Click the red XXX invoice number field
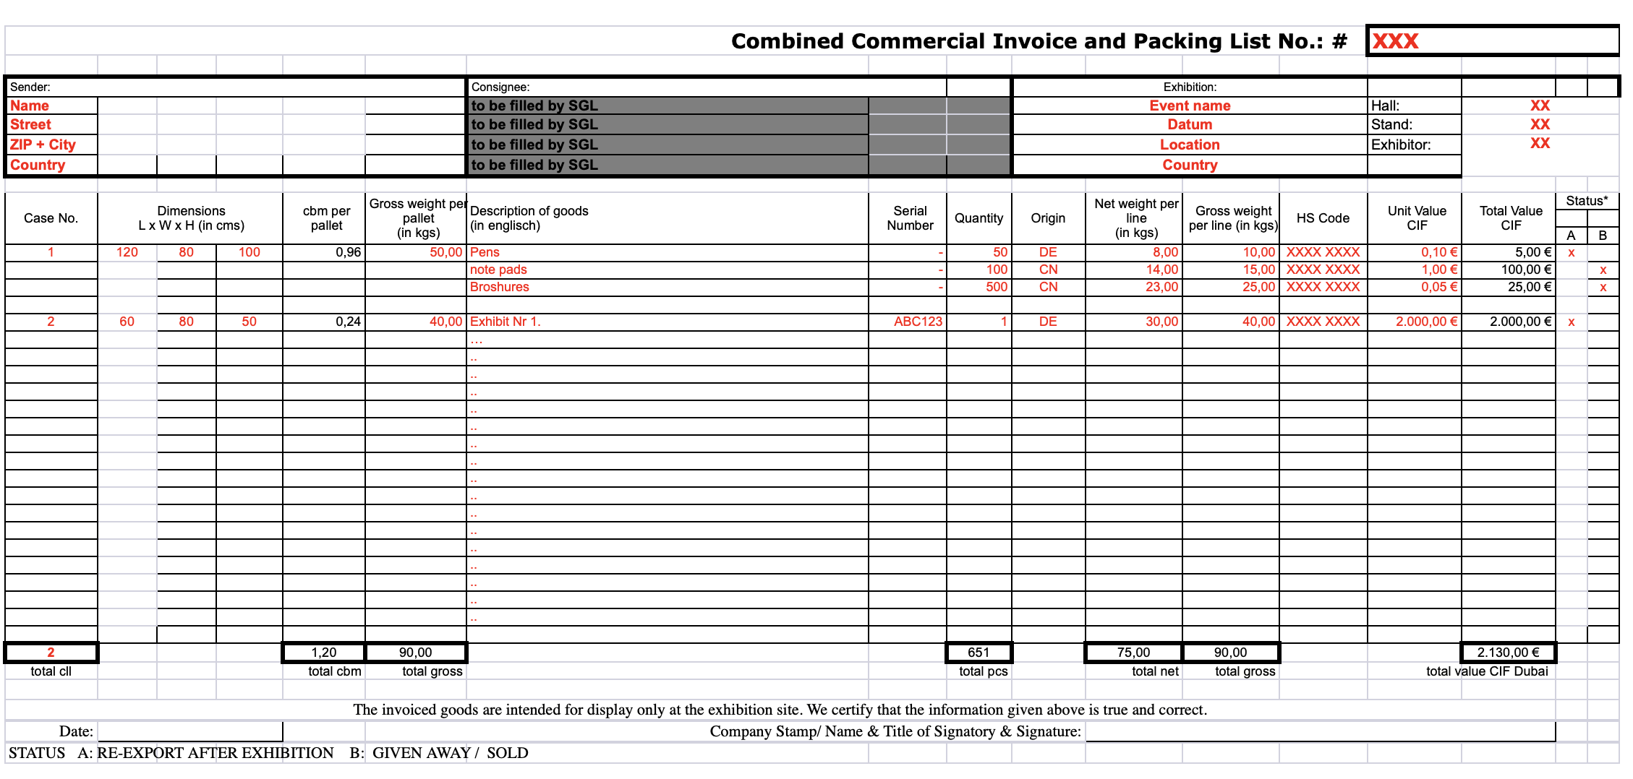[1395, 41]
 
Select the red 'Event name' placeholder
[1190, 106]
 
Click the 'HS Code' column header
[1323, 218]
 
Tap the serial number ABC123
[918, 322]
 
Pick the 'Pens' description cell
[485, 252]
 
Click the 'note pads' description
[498, 270]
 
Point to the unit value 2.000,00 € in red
[1426, 322]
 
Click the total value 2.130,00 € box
[1508, 653]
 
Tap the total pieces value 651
[978, 653]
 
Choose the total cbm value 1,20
[324, 653]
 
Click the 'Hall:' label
[1385, 106]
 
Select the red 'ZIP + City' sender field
[43, 145]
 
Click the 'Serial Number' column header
[910, 218]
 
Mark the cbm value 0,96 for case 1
[348, 252]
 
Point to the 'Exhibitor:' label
[1401, 145]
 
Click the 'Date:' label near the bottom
[76, 731]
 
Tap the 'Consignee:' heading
[500, 87]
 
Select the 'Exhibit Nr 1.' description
[505, 322]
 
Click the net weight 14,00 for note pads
[1161, 270]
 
